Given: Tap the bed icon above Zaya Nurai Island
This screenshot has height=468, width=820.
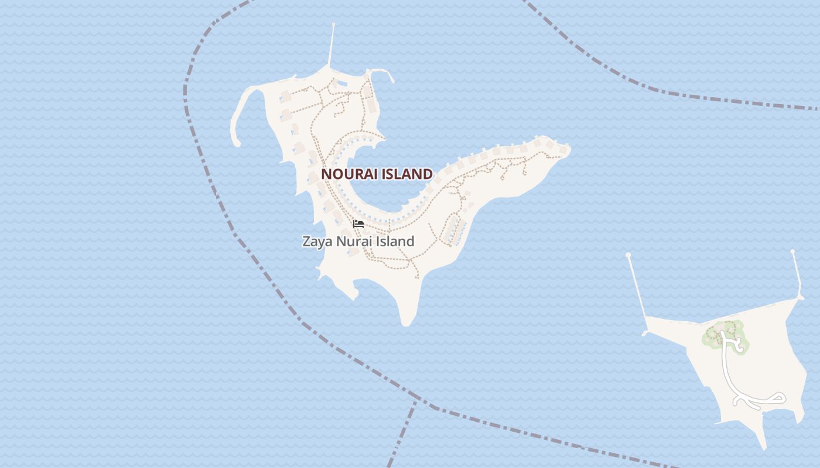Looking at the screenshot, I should point(358,223).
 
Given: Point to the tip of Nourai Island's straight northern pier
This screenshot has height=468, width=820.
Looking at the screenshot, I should point(333,25).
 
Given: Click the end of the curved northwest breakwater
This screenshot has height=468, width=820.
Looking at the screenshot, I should point(237,143).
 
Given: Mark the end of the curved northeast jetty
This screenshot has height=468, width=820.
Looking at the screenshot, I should point(392,81).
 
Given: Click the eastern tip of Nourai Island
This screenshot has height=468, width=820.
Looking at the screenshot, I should point(569,148).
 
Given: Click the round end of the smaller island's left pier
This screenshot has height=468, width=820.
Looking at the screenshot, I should point(628,255).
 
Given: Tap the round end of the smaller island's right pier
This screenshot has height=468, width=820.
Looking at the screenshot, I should point(792,252).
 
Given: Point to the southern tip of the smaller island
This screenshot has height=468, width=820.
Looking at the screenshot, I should point(763,448).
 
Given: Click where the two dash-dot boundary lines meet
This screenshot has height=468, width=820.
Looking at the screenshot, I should point(417,401).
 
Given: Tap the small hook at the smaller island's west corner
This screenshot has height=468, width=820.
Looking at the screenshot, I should point(645,333).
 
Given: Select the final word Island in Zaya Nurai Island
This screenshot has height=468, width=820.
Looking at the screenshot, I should point(396,241).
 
